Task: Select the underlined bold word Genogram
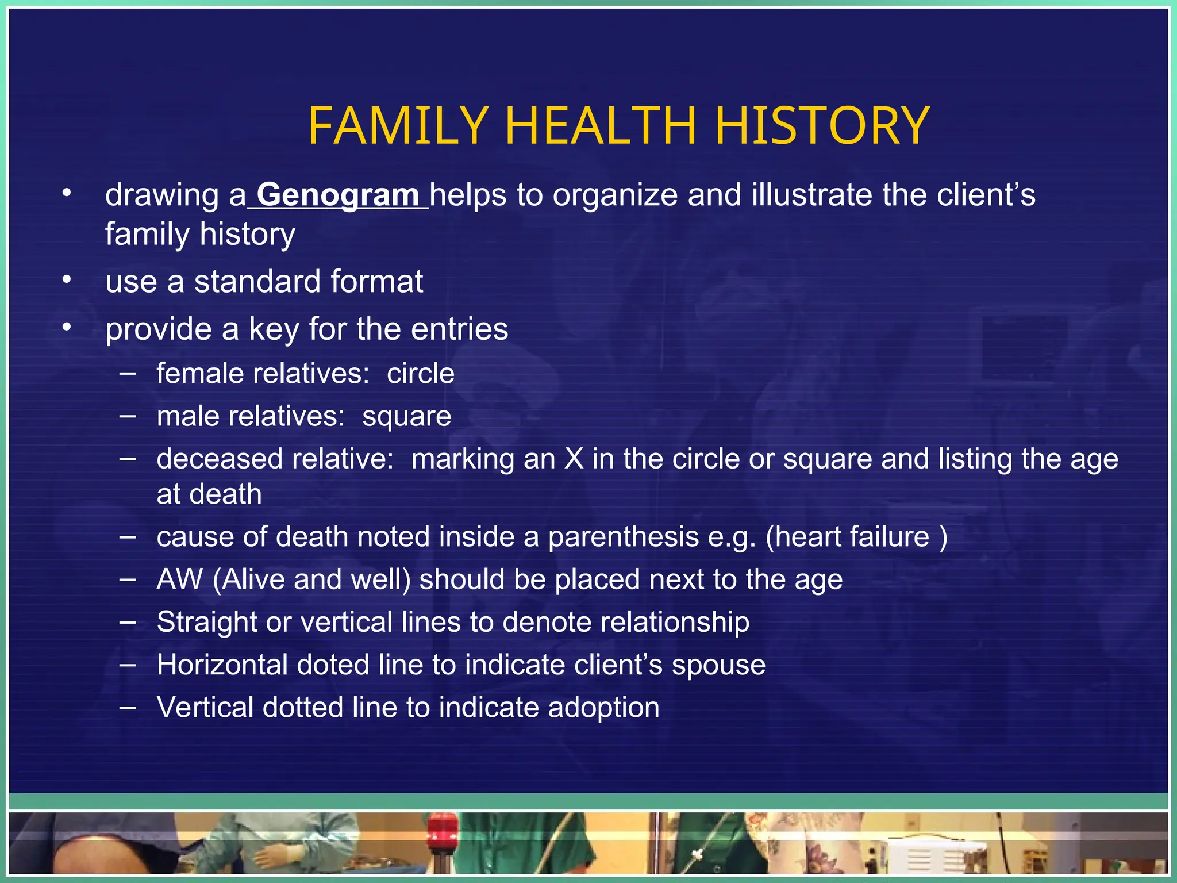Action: pyautogui.click(x=338, y=195)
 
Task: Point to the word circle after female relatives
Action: pyautogui.click(x=420, y=374)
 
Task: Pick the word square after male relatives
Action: pyautogui.click(x=406, y=416)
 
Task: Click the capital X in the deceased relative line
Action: pyautogui.click(x=574, y=459)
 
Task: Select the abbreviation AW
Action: pyautogui.click(x=179, y=579)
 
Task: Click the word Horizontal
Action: pyautogui.click(x=222, y=665)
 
